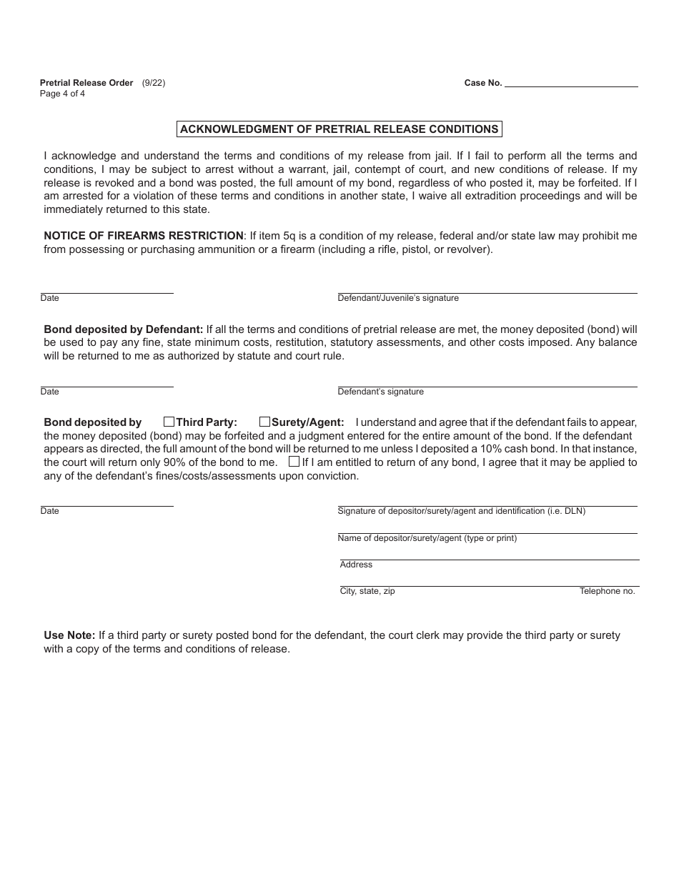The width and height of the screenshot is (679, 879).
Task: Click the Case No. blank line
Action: (x=570, y=83)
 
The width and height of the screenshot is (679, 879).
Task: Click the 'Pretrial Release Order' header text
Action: (x=86, y=83)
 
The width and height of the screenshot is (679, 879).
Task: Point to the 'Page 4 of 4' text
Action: (x=62, y=94)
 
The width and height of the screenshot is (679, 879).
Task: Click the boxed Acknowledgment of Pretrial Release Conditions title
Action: (x=339, y=129)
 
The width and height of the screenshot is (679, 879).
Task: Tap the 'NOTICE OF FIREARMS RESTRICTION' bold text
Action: (x=144, y=236)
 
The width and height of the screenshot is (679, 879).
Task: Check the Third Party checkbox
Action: (x=169, y=422)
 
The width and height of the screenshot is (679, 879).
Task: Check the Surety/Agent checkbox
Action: (x=264, y=422)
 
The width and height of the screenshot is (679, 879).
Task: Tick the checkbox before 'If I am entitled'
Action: (x=294, y=462)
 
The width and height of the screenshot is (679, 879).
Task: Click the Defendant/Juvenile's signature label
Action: (x=398, y=298)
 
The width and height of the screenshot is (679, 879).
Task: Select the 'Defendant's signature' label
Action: (x=380, y=392)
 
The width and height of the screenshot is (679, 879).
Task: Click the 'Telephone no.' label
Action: (x=607, y=591)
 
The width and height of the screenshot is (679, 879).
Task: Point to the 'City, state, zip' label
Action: (x=367, y=591)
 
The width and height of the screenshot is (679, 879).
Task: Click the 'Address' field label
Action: (x=356, y=565)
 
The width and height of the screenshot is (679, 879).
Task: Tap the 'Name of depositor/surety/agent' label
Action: (x=427, y=538)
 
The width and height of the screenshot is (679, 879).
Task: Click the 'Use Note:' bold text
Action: (x=69, y=635)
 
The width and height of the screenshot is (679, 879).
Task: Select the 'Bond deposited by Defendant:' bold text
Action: (x=124, y=329)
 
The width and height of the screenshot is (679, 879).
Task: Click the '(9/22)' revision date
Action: (x=154, y=83)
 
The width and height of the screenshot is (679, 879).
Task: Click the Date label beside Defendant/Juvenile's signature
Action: (x=50, y=298)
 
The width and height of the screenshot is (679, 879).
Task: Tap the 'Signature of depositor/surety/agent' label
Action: (x=461, y=511)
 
